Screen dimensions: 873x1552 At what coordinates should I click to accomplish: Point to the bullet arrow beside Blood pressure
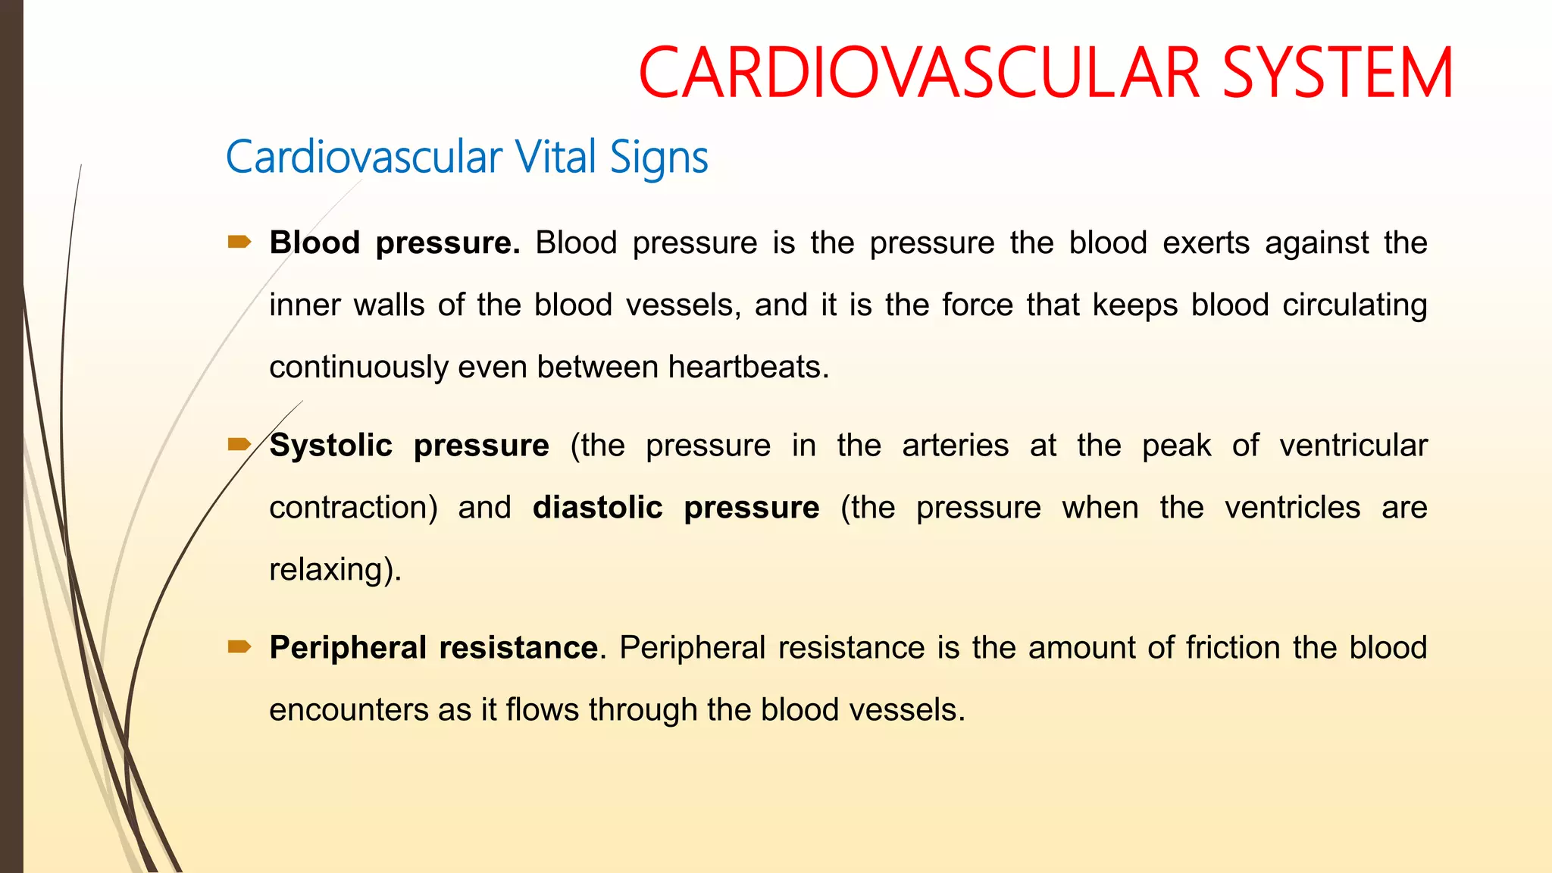(239, 242)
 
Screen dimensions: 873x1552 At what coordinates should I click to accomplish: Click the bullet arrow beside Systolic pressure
(239, 444)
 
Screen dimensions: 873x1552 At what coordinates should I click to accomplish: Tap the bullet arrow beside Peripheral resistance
(239, 646)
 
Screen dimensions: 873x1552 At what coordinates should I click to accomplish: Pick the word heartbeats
(748, 367)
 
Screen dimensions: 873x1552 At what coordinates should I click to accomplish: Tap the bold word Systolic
(331, 446)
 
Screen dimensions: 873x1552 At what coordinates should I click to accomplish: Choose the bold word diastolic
(597, 507)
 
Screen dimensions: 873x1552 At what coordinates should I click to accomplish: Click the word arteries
(955, 446)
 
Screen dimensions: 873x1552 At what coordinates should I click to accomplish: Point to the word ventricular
(1353, 446)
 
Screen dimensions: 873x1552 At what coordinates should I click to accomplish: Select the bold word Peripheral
(348, 648)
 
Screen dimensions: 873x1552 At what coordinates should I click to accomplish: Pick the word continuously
(359, 368)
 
